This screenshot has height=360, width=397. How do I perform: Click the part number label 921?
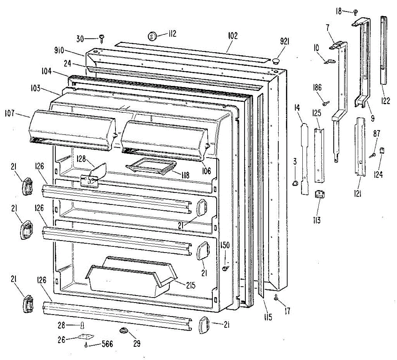point(285,41)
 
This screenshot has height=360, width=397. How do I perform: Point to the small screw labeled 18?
point(355,12)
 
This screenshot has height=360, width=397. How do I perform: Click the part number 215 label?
point(191,285)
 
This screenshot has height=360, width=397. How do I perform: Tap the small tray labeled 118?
point(151,166)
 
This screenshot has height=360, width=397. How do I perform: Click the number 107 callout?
point(10,113)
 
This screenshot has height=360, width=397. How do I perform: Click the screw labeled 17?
point(276,299)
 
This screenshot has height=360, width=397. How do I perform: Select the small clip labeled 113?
point(319,194)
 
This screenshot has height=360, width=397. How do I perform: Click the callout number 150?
point(225,245)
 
